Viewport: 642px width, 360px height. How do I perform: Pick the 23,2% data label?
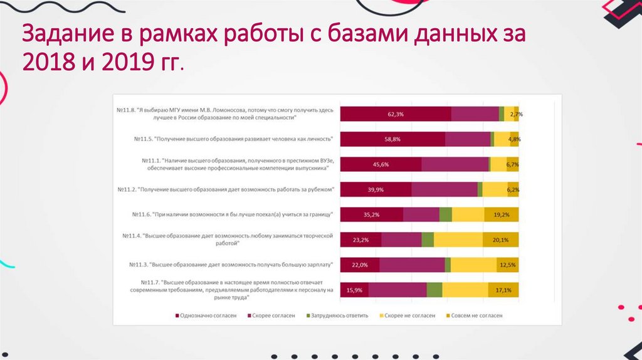click(360, 240)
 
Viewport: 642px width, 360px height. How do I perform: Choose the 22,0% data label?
click(359, 265)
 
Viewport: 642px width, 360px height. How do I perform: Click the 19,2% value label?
click(501, 214)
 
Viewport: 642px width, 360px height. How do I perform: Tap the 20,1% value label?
click(500, 240)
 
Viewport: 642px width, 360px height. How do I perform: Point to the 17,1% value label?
click(503, 290)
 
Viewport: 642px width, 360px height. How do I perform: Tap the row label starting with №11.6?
click(231, 214)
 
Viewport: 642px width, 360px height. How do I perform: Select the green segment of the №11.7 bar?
click(434, 290)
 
